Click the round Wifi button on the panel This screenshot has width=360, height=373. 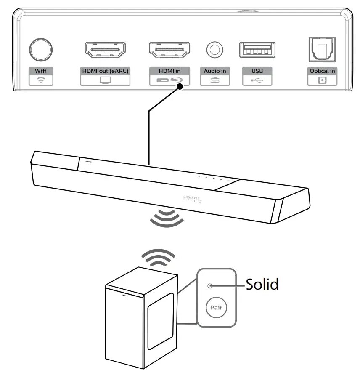point(41,49)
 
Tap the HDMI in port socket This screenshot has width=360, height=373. point(169,49)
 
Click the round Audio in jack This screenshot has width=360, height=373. point(214,50)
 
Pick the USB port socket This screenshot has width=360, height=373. point(257,50)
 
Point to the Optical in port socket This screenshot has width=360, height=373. point(322,49)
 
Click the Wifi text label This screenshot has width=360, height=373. point(41,71)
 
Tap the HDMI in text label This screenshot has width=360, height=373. point(169,71)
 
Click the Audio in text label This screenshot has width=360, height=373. point(214,71)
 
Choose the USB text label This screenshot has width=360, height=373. point(257,71)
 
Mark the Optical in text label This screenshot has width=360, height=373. point(322,71)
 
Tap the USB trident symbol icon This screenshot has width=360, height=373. point(257,80)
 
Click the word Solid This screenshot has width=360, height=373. point(262,285)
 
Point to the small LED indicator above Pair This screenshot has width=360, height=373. point(210,286)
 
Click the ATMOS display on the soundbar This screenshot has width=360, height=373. point(192,199)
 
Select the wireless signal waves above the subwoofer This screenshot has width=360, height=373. point(158,258)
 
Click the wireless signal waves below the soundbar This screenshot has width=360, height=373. point(167,218)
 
